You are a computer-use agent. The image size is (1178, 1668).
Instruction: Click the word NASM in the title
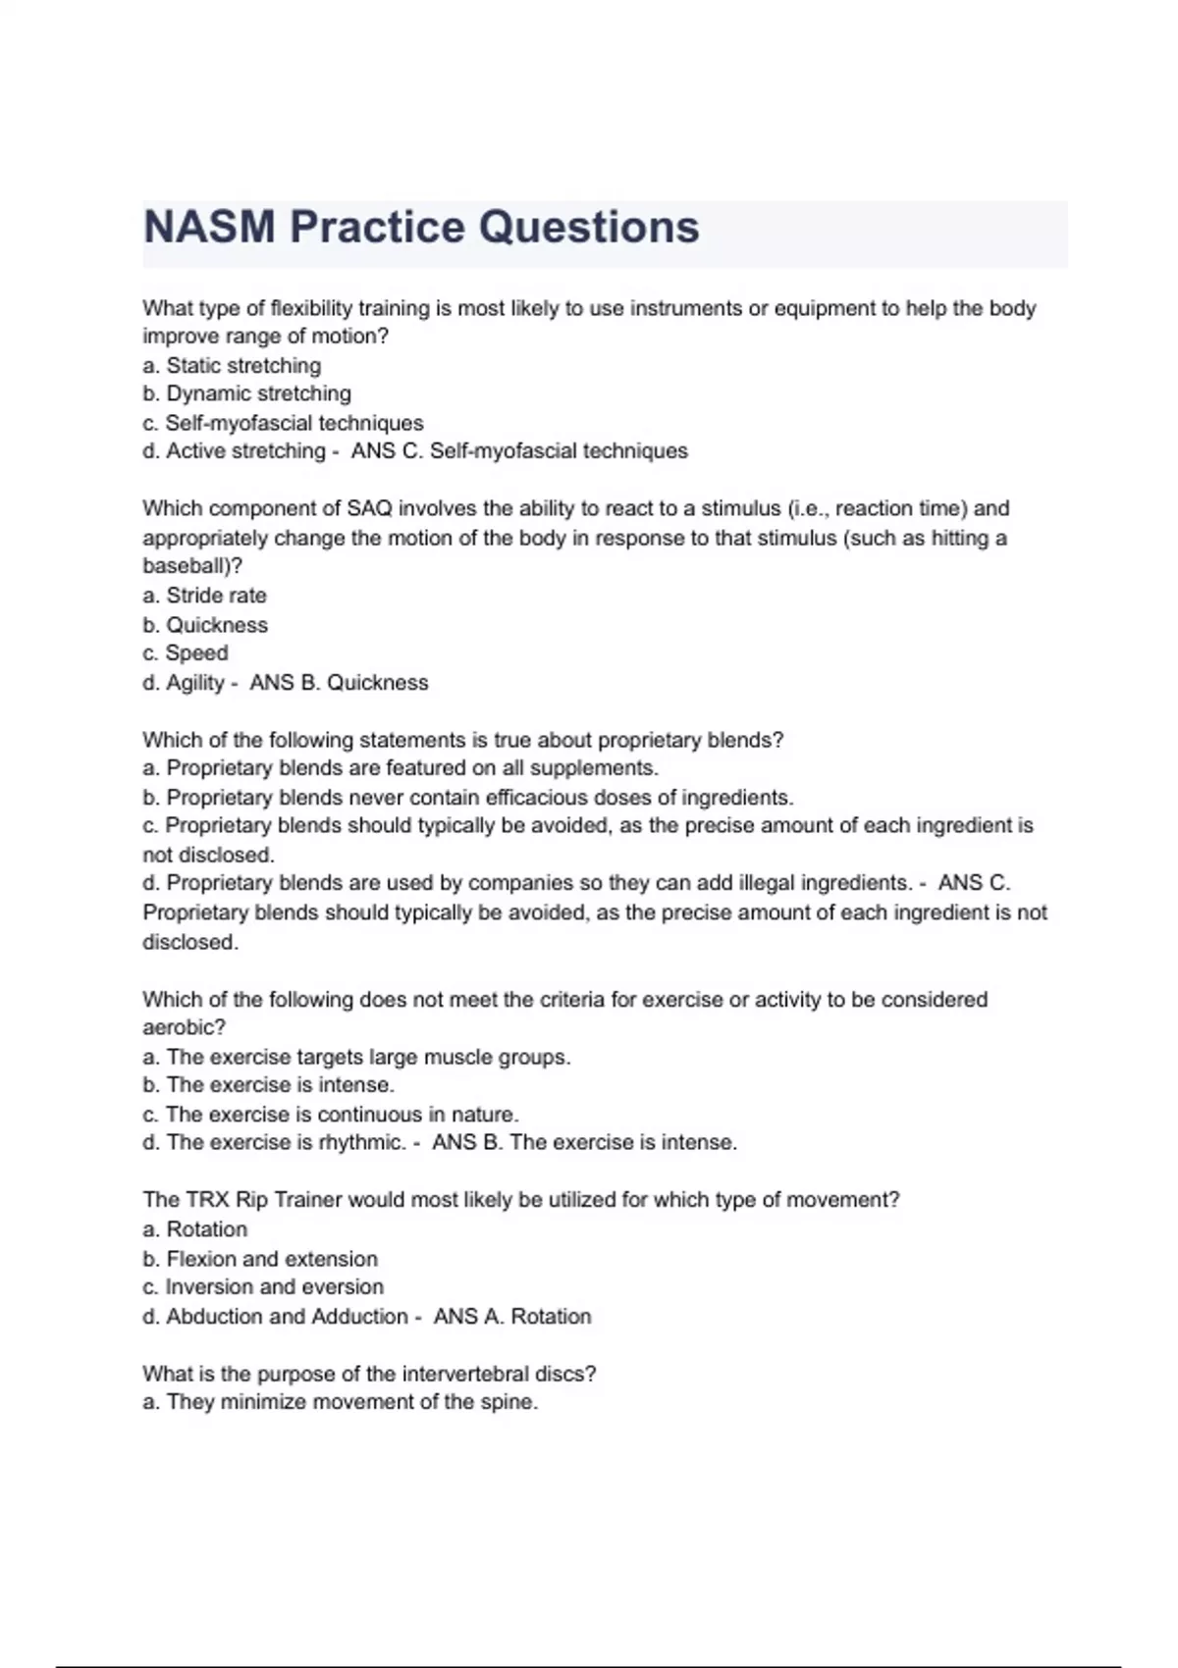[209, 228]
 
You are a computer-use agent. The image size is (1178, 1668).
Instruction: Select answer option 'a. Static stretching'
[232, 366]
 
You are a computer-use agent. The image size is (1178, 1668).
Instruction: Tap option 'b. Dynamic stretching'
[246, 394]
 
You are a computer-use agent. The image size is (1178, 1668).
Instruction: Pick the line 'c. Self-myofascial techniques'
[283, 423]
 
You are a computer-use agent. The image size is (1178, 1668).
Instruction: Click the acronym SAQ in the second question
[370, 509]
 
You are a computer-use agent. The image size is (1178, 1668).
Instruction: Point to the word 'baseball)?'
[192, 566]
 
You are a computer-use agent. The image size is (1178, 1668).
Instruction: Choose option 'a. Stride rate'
[204, 596]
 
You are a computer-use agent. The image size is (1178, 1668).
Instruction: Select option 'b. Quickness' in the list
[205, 625]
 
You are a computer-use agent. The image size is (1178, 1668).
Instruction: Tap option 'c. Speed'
[186, 653]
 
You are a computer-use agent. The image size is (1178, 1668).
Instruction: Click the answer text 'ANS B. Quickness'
[339, 683]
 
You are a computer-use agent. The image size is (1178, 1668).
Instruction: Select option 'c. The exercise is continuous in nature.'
[331, 1115]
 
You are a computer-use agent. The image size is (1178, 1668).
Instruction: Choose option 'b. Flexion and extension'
[260, 1259]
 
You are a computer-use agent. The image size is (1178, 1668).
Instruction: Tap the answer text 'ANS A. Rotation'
[512, 1317]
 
